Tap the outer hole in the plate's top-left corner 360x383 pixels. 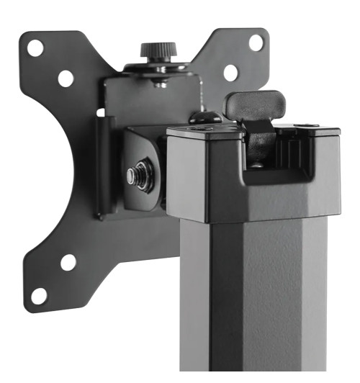click(x=35, y=49)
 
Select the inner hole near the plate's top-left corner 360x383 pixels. click(x=66, y=78)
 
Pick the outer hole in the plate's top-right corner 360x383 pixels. click(x=256, y=42)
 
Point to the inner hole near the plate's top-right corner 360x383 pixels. click(x=230, y=72)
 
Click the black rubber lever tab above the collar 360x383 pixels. click(x=255, y=105)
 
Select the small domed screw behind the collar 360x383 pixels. click(x=204, y=117)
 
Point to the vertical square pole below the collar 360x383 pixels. click(x=252, y=302)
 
